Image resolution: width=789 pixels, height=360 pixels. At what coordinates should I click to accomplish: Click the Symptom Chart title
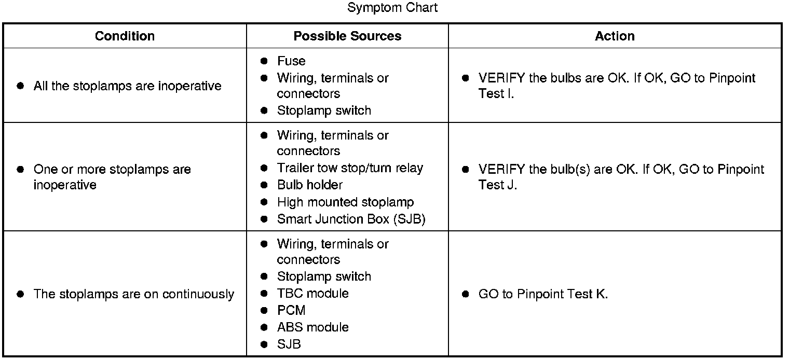coord(392,8)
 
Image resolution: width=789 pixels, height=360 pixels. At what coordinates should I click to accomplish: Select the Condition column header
coord(125,36)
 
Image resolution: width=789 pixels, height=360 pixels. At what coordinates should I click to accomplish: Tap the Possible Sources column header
coord(347,36)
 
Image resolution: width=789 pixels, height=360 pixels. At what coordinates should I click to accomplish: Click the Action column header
coord(615,36)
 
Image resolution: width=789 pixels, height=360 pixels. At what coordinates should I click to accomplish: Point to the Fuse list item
coord(291,61)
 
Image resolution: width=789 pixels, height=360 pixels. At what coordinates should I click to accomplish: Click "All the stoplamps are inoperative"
coord(127,86)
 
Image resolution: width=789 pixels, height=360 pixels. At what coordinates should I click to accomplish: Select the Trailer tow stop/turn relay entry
coord(350,168)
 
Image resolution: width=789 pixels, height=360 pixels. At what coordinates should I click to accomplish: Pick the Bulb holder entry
coord(309,185)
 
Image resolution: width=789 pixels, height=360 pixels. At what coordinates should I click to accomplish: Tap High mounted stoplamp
coord(345,202)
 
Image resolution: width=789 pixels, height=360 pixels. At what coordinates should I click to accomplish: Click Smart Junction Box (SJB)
coord(351,219)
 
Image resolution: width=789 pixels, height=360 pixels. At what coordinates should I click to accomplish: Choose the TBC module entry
coord(312,294)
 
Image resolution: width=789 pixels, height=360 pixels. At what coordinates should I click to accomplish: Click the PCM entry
coord(291,310)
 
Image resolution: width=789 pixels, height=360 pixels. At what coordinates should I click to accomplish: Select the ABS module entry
coord(312,327)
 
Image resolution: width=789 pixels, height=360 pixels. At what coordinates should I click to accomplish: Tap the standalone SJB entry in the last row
coord(289,344)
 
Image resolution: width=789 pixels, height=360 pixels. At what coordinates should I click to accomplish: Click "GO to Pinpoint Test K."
coord(542,294)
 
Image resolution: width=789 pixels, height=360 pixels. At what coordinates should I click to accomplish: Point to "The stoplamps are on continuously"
coord(133,294)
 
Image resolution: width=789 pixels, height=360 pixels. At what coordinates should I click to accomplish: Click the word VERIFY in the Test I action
coord(501,78)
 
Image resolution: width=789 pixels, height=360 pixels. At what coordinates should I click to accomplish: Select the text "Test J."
coord(497,185)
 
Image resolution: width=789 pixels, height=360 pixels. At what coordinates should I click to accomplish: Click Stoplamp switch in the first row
coord(324,110)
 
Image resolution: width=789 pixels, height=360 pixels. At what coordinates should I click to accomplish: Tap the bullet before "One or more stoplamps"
coord(21,170)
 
